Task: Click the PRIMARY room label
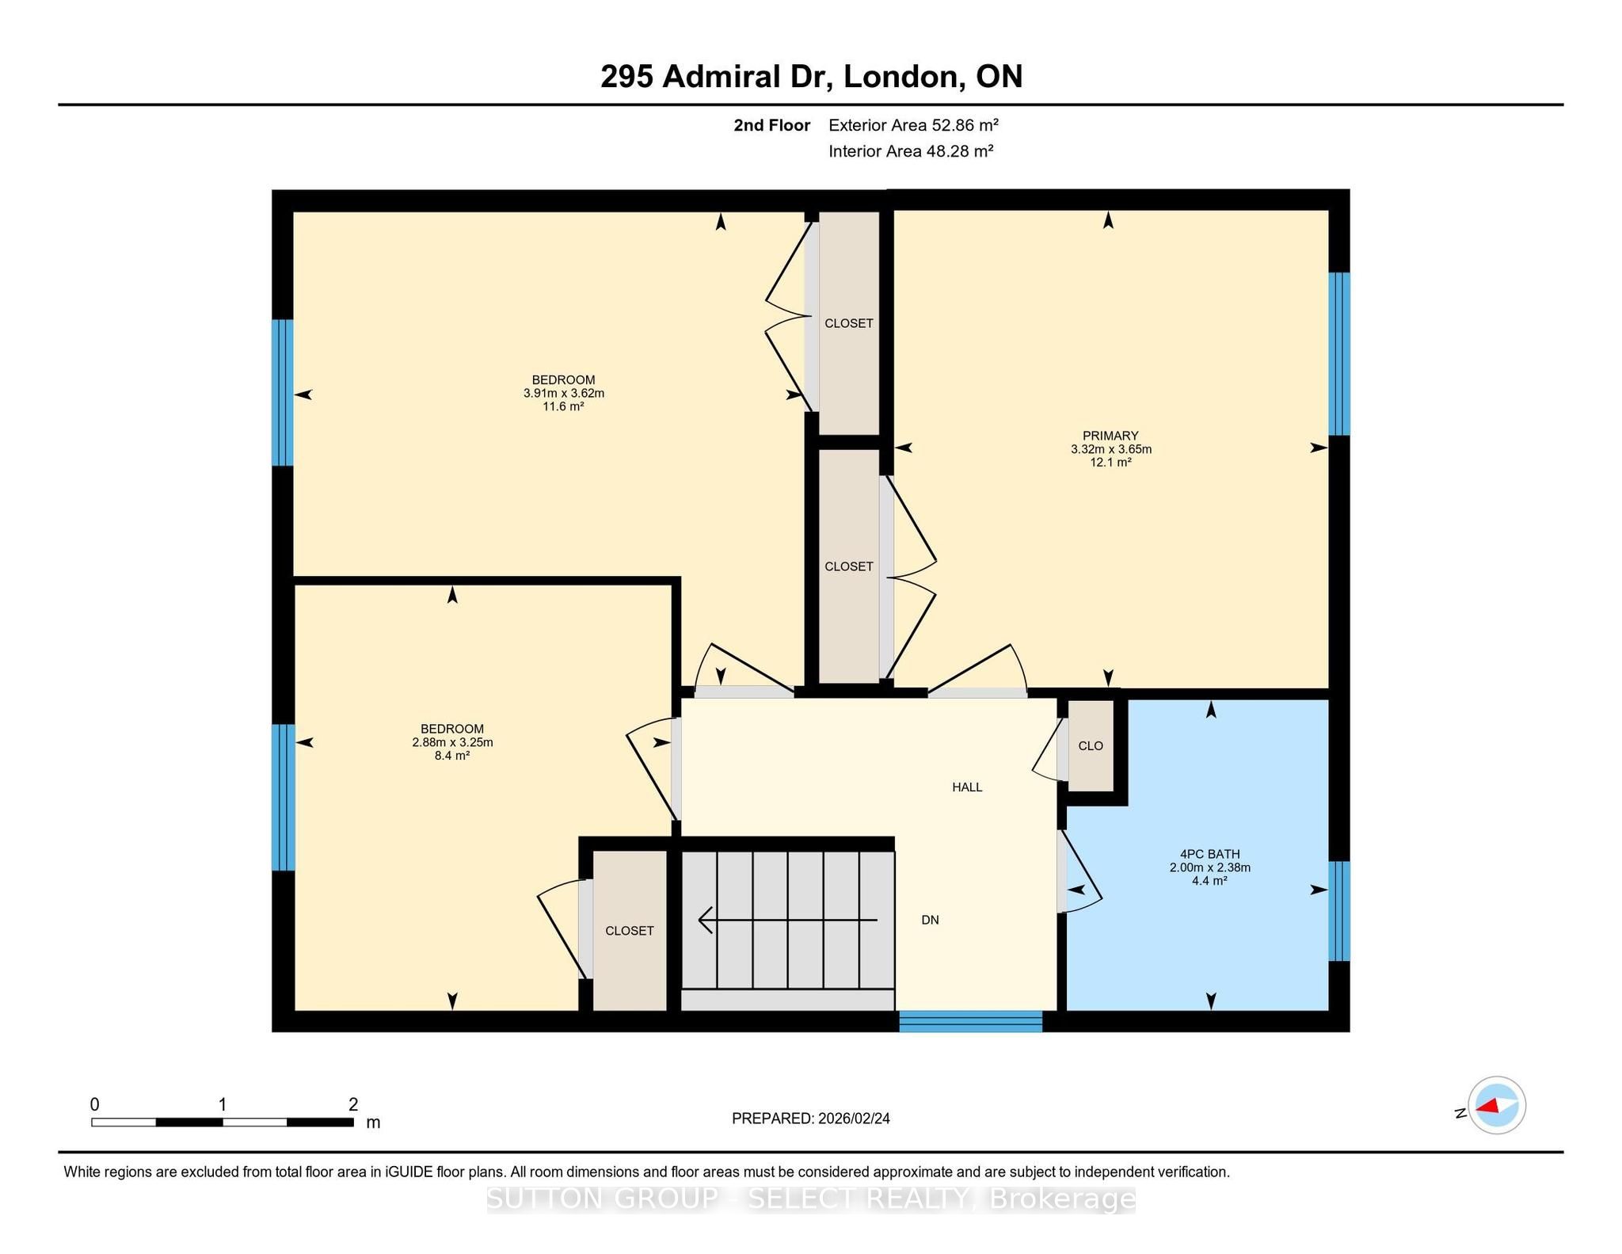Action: (x=1110, y=436)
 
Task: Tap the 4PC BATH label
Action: (x=1209, y=854)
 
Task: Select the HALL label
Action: (x=967, y=787)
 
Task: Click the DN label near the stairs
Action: (x=930, y=920)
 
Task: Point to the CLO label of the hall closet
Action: (x=1091, y=745)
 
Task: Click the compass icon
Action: (x=1497, y=1105)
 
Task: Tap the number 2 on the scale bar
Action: (x=353, y=1104)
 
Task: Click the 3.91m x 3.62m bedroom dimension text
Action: (x=563, y=393)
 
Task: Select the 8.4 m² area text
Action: (x=451, y=756)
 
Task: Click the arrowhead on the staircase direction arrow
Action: (x=705, y=920)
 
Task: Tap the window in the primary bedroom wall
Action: (x=1338, y=354)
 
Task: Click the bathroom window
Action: (x=1338, y=911)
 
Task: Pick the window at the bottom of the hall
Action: (x=970, y=1021)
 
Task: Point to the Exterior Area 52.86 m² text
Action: (x=913, y=124)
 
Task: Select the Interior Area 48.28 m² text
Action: (x=911, y=151)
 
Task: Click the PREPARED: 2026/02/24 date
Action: (x=811, y=1119)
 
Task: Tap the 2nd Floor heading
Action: (x=772, y=125)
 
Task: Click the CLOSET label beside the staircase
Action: (x=630, y=931)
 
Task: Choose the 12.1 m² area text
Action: (x=1110, y=463)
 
